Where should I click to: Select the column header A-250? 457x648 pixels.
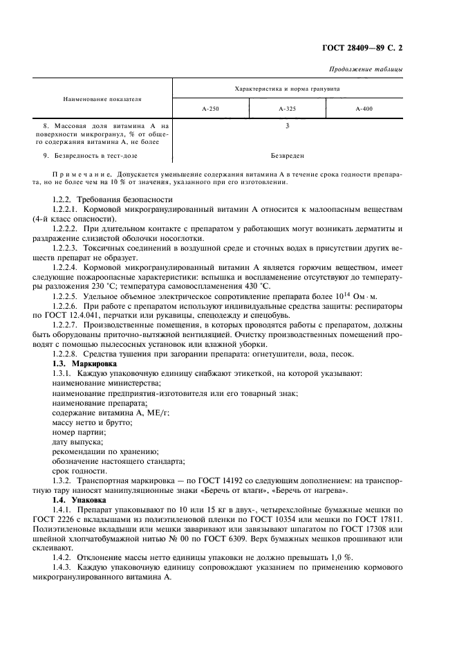pos(211,109)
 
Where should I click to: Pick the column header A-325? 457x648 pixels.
pos(287,109)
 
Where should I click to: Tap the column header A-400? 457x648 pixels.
pos(364,109)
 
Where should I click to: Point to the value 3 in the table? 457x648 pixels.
pos(287,126)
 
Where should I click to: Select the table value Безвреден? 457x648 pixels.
pos(288,156)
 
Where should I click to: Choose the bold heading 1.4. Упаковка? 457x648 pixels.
pos(80,498)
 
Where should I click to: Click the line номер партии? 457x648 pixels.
pos(78,431)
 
